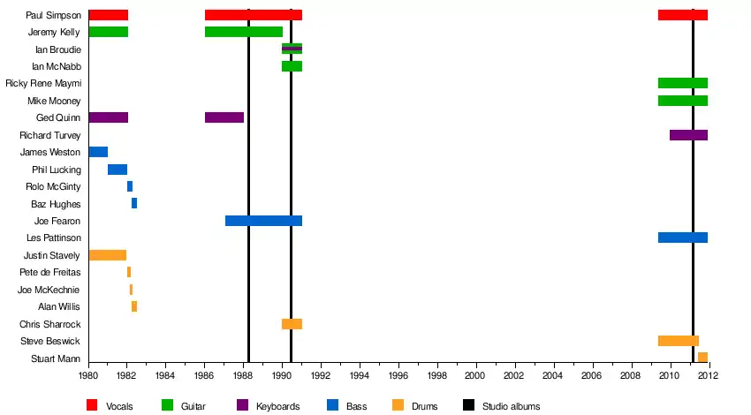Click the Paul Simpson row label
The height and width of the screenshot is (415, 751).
(x=54, y=15)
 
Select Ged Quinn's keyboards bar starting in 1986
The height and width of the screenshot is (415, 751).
(x=224, y=117)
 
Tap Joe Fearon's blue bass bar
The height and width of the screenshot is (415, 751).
(x=263, y=221)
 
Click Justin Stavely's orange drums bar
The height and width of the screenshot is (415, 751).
(x=108, y=255)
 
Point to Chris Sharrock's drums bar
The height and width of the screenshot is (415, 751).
(x=292, y=324)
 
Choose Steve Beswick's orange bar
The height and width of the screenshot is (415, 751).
(x=678, y=341)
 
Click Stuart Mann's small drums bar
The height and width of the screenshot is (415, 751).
(x=702, y=358)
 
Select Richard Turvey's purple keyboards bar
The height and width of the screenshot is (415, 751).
(x=688, y=135)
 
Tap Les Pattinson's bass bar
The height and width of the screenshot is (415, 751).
(x=682, y=238)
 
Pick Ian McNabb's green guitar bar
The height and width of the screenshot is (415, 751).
(x=292, y=66)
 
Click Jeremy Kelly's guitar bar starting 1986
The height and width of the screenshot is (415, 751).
(x=243, y=32)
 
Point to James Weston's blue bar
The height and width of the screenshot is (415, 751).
(x=98, y=152)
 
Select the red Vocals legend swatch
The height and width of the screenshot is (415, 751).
(x=92, y=405)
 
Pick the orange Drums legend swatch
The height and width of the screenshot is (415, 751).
(x=398, y=405)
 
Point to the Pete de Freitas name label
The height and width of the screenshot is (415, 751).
(x=50, y=273)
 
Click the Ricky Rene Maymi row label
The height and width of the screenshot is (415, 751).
(x=43, y=84)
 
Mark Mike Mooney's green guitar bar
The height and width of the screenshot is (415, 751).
(x=682, y=101)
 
